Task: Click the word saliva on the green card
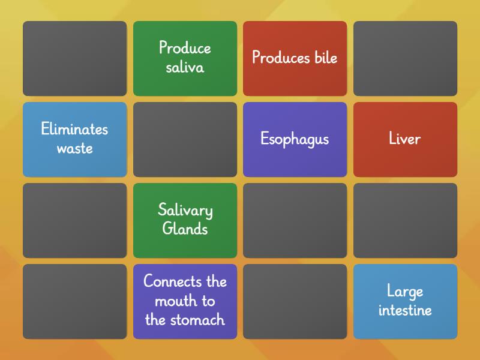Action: coord(185,67)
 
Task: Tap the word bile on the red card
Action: coord(326,58)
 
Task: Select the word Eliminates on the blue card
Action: coord(74,129)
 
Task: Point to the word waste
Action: coord(74,148)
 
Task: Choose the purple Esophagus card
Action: coord(295,139)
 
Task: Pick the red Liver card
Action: coord(405,139)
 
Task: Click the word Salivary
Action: coord(185,211)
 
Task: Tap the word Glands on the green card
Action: coord(185,229)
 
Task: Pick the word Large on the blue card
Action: coord(405,292)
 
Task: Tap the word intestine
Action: coord(405,310)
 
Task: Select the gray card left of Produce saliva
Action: coord(74,58)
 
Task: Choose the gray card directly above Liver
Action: coord(405,58)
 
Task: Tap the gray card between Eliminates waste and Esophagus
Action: coord(185,139)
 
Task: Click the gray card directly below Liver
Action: coord(405,220)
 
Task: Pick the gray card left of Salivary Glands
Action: coord(74,220)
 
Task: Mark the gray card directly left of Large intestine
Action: coord(295,301)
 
